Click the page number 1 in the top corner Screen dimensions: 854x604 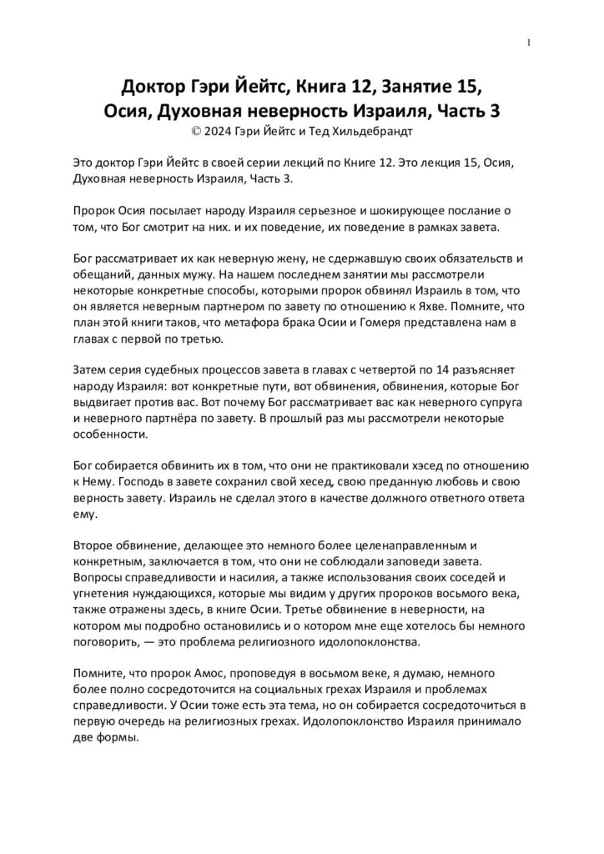click(530, 42)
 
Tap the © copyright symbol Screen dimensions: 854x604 click(196, 130)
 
